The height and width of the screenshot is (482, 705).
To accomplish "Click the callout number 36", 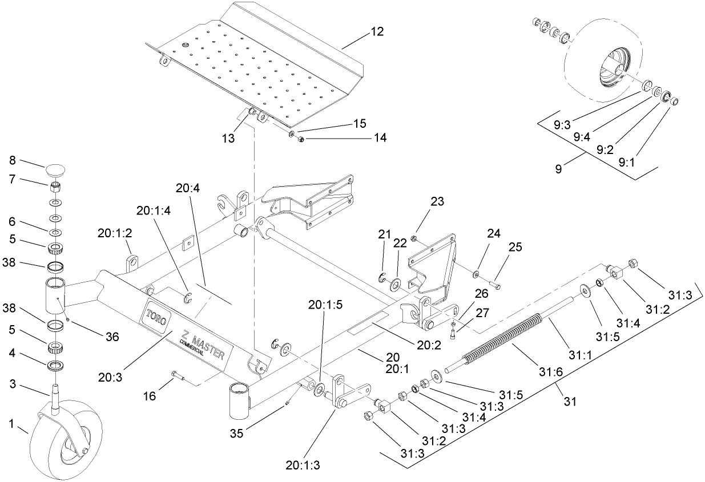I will [x=111, y=337].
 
